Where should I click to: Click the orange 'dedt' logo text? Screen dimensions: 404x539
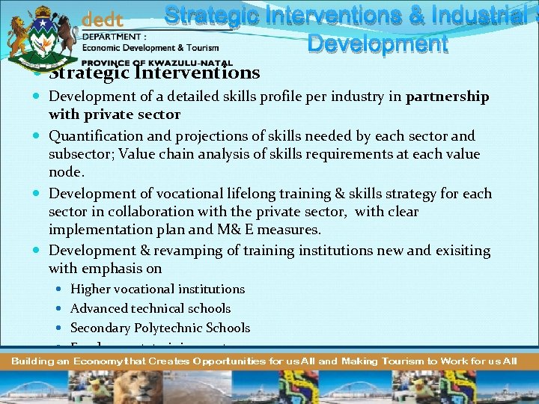[102, 19]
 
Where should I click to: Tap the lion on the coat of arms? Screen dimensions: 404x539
[19, 34]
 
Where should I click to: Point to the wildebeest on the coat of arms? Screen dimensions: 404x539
[65, 34]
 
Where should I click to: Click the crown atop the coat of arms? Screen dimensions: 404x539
[42, 10]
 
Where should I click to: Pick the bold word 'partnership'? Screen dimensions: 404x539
[447, 97]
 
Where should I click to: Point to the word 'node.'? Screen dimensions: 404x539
[66, 172]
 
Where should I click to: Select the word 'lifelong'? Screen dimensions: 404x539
[247, 194]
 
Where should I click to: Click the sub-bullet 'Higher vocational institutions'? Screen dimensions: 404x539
[157, 289]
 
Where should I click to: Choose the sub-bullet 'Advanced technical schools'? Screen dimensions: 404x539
[150, 308]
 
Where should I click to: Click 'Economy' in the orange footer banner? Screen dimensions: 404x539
[83, 361]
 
